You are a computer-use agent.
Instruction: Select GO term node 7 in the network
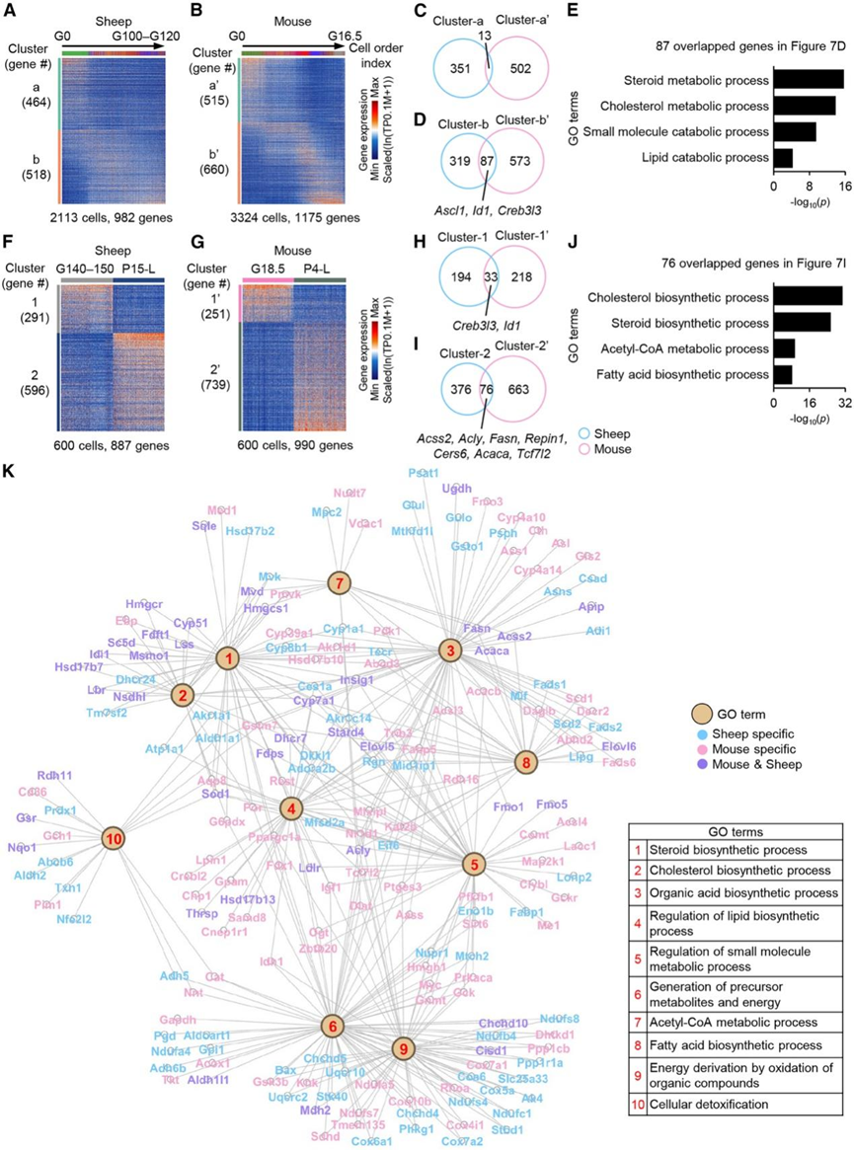339,583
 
